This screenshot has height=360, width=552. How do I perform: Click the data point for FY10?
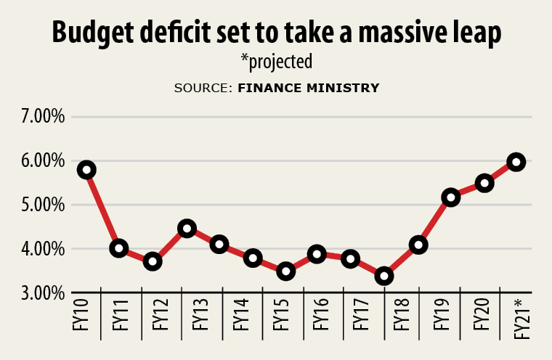coord(87,170)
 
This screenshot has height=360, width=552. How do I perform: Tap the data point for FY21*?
coord(516,162)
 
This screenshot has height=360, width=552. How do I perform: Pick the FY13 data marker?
coord(187,229)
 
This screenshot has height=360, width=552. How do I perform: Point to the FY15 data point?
coord(285,271)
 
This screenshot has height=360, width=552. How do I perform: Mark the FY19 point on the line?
coord(450,197)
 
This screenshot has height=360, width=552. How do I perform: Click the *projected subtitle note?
coord(276,62)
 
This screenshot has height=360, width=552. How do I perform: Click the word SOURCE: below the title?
coord(202,88)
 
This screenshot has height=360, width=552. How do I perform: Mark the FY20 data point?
coord(484,183)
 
